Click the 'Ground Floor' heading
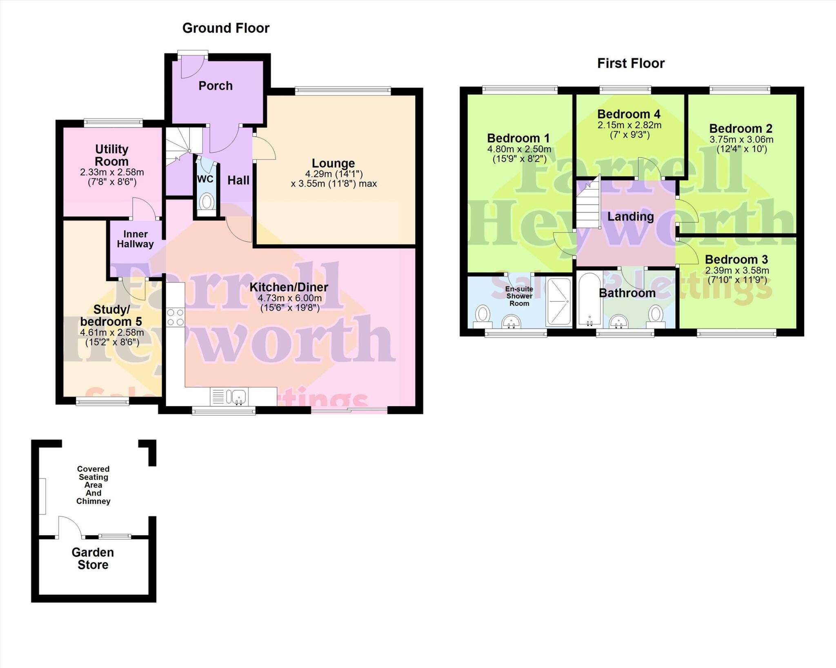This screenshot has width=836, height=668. [x=226, y=28]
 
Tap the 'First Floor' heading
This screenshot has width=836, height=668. [x=631, y=63]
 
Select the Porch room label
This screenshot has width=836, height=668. [x=216, y=86]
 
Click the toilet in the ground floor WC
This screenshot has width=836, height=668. [x=207, y=201]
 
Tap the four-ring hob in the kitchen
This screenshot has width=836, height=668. [x=176, y=317]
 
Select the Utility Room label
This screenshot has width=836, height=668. [x=111, y=155]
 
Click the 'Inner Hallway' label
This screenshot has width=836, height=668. [x=135, y=239]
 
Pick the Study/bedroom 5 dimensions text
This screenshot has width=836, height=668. [x=112, y=337]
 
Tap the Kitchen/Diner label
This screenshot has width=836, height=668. [x=289, y=287]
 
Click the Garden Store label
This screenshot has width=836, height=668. [x=93, y=558]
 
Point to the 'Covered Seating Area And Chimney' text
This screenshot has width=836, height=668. [x=93, y=485]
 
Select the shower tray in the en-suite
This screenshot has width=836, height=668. [x=558, y=302]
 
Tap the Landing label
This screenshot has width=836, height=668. [x=630, y=216]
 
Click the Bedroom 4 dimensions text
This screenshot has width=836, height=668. [x=629, y=130]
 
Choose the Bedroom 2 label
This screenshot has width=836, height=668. [x=740, y=129]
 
